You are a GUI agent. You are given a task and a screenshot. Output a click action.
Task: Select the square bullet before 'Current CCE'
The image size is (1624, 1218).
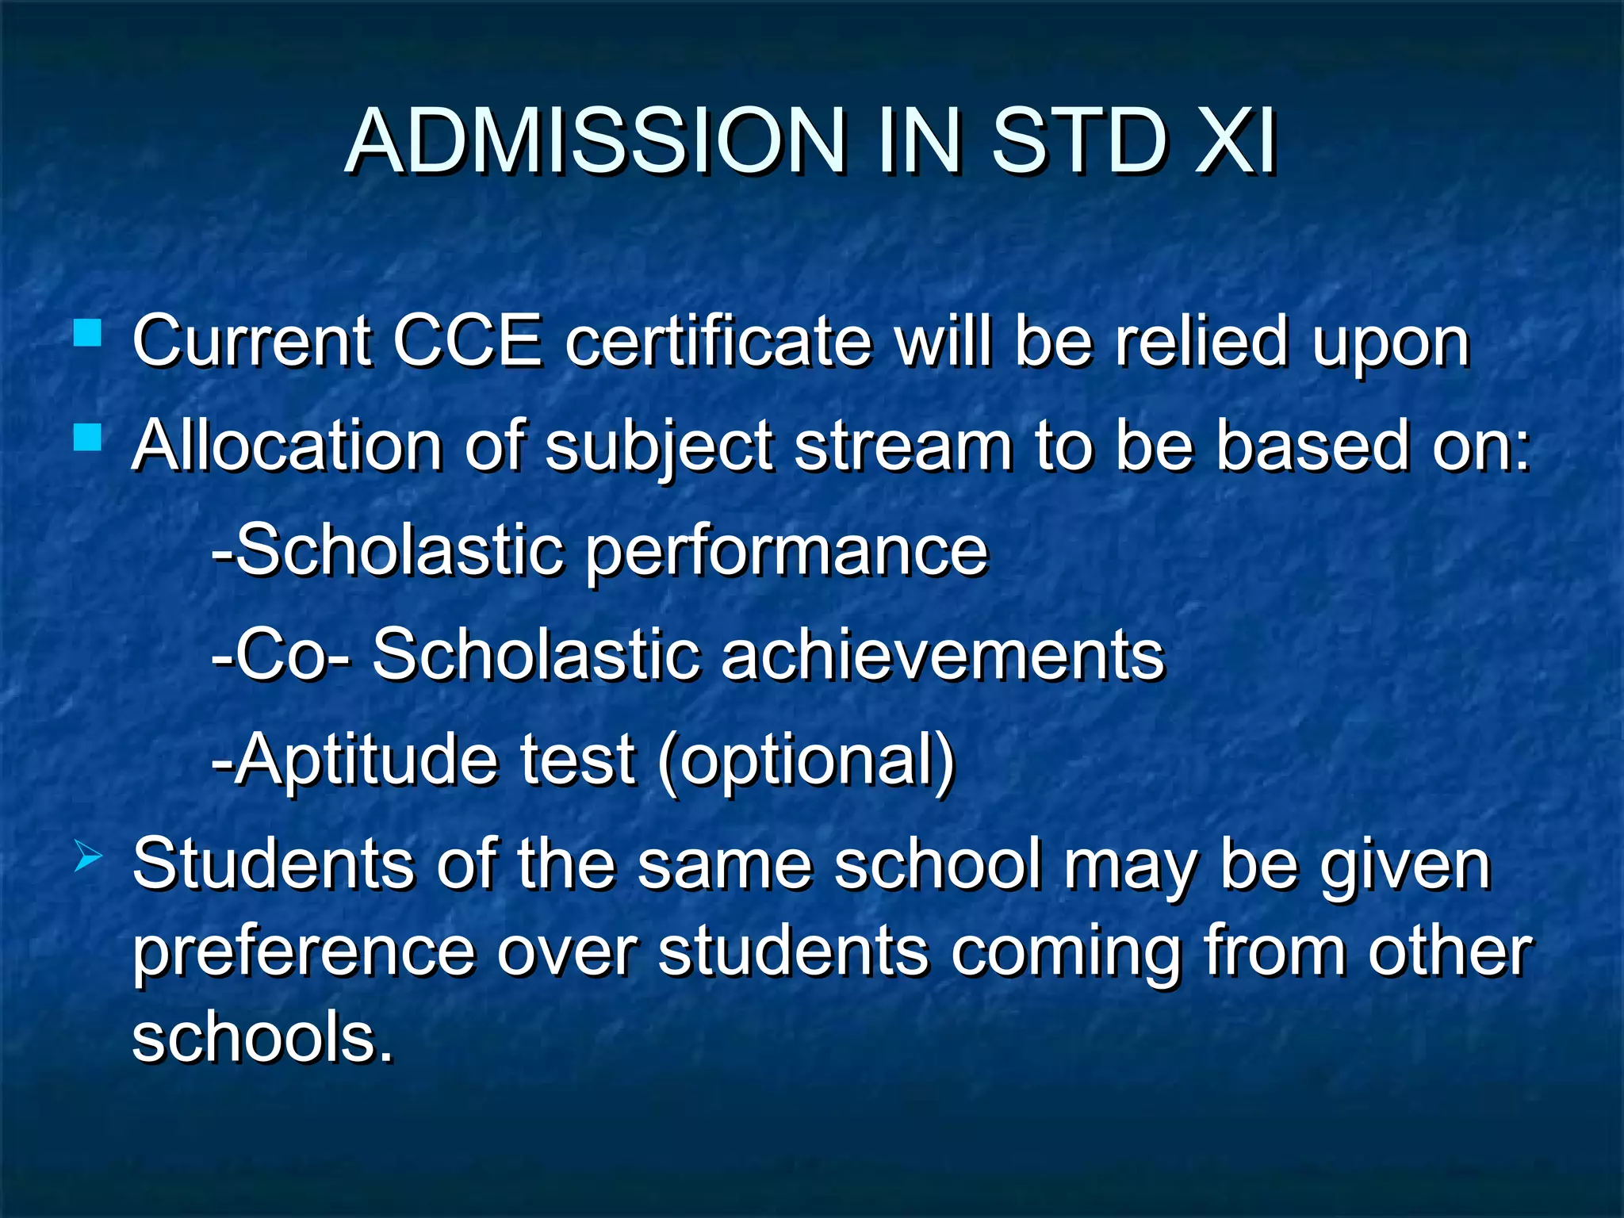coord(87,332)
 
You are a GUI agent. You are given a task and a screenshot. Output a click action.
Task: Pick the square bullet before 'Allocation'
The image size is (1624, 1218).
coord(87,437)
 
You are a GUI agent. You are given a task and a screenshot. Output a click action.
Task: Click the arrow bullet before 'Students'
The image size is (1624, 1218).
coord(87,857)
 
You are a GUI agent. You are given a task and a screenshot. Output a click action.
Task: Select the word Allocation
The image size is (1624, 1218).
coord(286,446)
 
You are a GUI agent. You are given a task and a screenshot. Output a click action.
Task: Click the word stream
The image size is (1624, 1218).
coord(903,446)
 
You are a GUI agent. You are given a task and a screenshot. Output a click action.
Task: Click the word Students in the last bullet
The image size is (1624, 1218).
coord(274,864)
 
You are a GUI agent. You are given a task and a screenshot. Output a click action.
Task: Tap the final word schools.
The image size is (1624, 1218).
coord(262,1037)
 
